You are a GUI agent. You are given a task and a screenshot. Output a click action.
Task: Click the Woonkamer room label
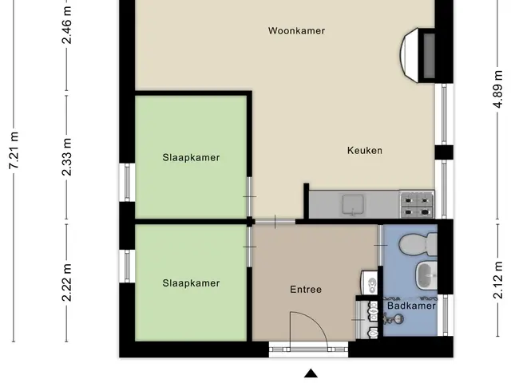[296, 31]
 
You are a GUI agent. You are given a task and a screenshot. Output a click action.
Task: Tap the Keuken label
[365, 151]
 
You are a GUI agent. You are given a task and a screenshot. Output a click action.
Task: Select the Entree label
[306, 290]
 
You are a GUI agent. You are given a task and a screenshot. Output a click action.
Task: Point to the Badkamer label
[412, 306]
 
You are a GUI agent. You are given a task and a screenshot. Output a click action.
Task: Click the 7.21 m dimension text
[14, 151]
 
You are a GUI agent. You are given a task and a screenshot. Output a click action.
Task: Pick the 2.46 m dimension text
[67, 25]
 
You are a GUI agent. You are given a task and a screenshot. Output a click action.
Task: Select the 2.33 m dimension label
[67, 157]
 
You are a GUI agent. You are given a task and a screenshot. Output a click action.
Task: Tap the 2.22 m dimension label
[67, 282]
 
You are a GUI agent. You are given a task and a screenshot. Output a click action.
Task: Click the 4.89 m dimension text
[497, 89]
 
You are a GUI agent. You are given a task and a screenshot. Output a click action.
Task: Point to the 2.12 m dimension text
[497, 280]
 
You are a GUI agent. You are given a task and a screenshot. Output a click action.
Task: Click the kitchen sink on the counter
[353, 205]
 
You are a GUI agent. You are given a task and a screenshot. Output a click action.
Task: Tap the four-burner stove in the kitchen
[417, 204]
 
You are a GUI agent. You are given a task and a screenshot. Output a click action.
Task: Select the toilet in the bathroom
[418, 244]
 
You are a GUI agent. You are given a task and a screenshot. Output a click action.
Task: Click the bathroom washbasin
[426, 275]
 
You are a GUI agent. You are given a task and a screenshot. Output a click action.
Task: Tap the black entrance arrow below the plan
[311, 373]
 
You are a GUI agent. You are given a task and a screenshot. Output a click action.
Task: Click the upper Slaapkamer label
[191, 158]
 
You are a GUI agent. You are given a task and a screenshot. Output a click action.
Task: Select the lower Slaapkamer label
[191, 283]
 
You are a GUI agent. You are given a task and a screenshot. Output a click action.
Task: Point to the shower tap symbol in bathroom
[394, 319]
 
